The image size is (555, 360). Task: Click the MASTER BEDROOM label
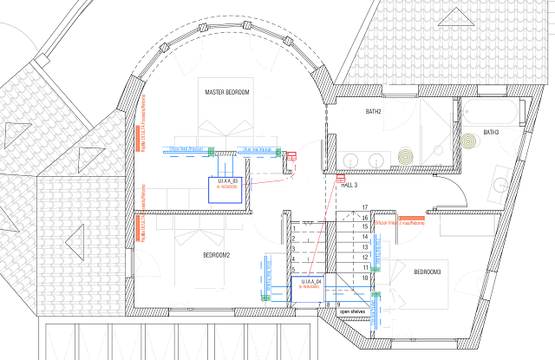[227, 92]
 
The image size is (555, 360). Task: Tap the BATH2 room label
[349, 112]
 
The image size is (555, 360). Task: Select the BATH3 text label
[491, 132]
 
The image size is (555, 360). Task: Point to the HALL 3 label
[349, 186]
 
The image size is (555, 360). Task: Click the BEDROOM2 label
[216, 255]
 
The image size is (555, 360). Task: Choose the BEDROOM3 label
[428, 273]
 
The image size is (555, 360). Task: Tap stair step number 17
[365, 206]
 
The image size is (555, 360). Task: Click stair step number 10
[365, 277]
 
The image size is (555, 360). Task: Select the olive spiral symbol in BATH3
[469, 140]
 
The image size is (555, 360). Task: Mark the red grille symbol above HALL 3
[341, 179]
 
